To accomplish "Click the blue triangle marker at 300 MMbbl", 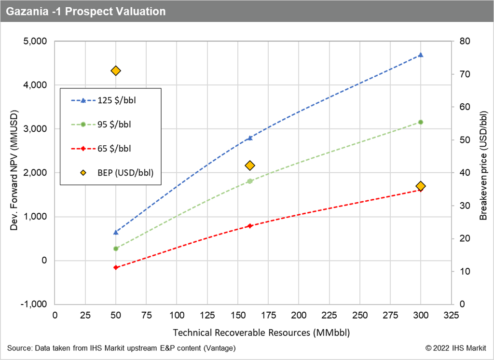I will point(421,55).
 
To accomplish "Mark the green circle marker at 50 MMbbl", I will point(116,249).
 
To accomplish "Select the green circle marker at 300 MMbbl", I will point(421,122).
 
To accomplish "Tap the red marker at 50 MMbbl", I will point(116,267).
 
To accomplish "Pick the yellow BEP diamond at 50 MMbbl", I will point(116,71).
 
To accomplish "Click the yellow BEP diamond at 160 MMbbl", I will point(250,166).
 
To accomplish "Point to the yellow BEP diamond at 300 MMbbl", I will point(421,186).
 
